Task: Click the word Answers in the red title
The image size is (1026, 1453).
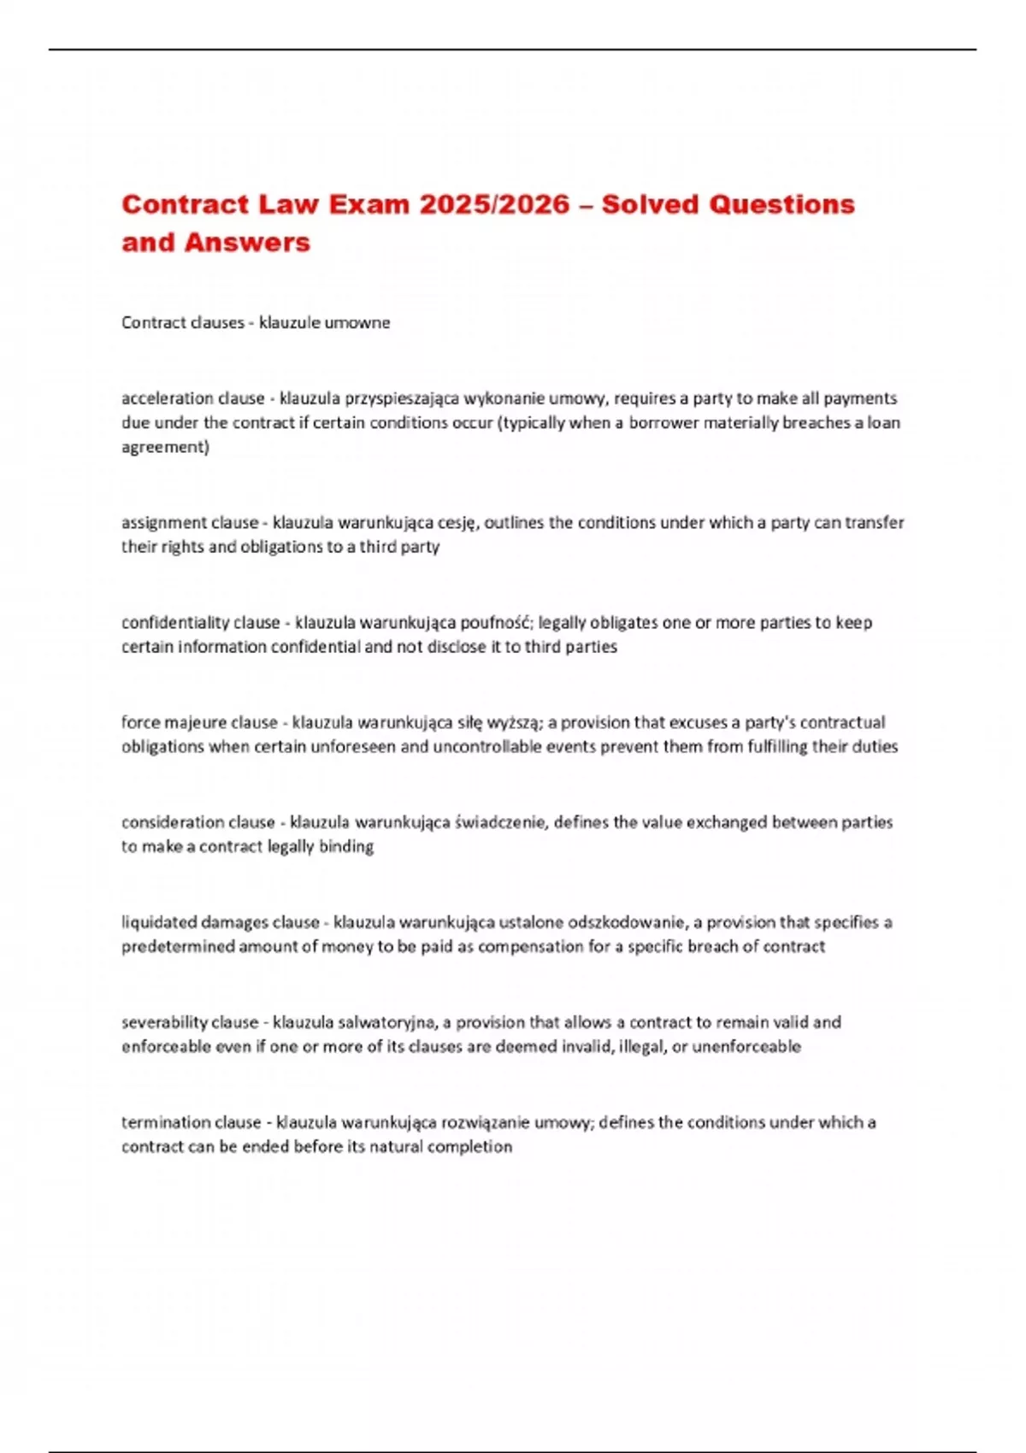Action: click(247, 243)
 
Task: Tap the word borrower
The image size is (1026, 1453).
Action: click(663, 422)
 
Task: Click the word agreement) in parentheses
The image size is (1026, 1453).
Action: click(165, 447)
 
